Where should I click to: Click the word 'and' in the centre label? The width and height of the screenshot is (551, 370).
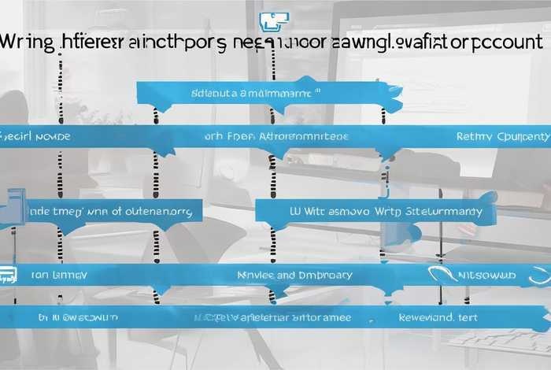286,276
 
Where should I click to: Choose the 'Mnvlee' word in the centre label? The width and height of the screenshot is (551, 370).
256,276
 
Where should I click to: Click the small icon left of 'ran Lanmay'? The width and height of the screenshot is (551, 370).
8,275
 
